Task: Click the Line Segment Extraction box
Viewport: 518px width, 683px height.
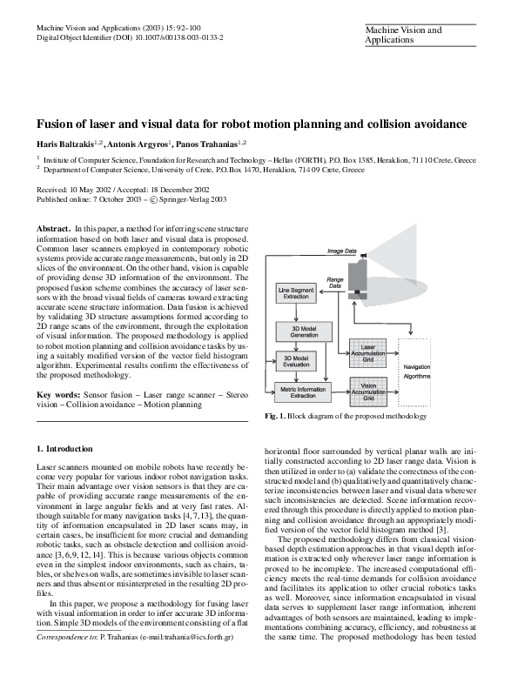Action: click(296, 293)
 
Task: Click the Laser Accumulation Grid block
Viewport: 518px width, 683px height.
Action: click(367, 351)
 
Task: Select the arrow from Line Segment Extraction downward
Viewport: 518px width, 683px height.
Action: click(297, 311)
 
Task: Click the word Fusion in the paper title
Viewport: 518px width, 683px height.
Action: click(55, 124)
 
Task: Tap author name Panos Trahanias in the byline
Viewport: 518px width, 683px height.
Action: click(209, 143)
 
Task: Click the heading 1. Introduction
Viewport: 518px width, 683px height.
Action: click(64, 448)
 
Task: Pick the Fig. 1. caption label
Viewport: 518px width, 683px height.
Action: click(273, 417)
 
